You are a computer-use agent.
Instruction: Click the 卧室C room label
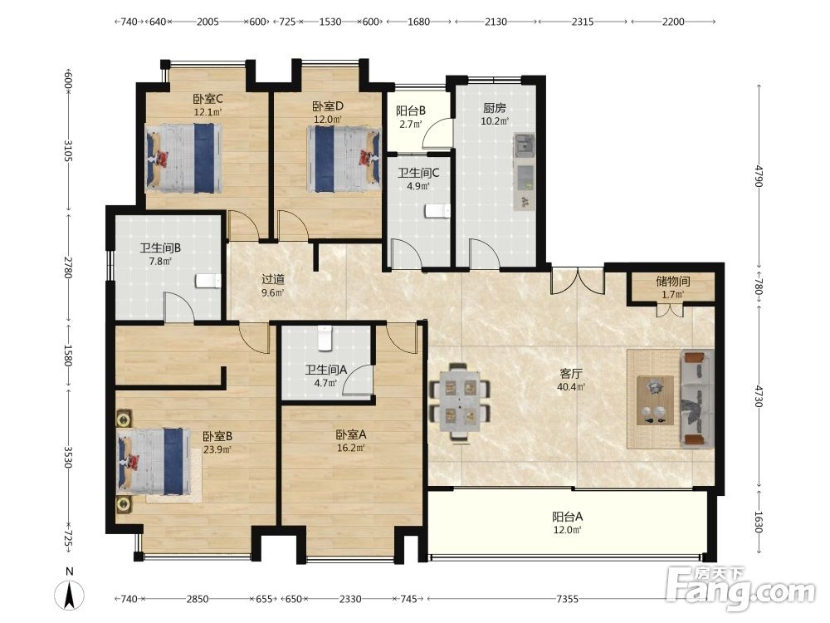(207, 99)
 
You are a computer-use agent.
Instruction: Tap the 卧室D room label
(328, 107)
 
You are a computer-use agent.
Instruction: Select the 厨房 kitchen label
(495, 108)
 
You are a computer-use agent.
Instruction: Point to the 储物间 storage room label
(673, 282)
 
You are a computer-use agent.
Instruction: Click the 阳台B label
(411, 110)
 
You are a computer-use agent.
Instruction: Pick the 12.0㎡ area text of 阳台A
(568, 530)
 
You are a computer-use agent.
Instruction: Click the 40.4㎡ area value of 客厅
(571, 387)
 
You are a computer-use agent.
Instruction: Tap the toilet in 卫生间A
(325, 339)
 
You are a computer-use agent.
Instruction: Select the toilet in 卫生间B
(208, 281)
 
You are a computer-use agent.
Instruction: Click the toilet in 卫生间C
(437, 211)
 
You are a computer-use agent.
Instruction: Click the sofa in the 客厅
(696, 399)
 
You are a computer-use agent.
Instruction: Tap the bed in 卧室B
(154, 461)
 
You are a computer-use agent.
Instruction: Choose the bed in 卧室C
(183, 158)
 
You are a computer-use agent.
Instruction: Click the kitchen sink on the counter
(525, 145)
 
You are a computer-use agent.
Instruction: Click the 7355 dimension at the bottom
(567, 599)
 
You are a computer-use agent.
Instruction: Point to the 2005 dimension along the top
(207, 22)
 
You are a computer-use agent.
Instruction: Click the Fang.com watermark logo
(740, 587)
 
